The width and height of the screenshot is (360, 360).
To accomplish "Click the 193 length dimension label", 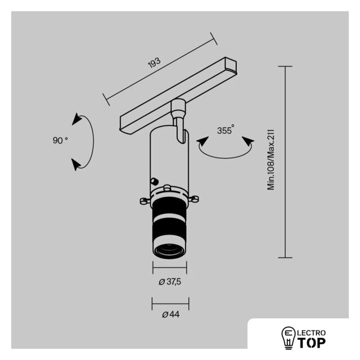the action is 154,63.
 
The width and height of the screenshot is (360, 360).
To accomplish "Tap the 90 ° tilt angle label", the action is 60,140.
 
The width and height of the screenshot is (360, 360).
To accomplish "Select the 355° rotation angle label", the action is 226,129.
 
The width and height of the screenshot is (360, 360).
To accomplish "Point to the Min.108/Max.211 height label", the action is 271,160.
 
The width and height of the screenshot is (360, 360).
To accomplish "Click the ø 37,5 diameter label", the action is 170,281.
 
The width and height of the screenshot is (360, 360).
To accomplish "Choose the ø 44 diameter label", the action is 171,314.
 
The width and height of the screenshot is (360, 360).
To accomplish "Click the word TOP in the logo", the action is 312,343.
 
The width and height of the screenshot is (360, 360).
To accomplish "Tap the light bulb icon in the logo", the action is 289,338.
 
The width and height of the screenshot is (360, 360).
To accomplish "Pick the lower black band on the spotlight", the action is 169,229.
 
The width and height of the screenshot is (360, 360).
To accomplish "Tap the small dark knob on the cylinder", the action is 154,182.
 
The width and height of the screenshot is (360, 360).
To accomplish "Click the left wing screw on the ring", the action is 145,201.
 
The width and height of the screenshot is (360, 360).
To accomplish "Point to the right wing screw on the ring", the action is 193,198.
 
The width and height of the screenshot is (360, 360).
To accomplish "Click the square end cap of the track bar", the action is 231,64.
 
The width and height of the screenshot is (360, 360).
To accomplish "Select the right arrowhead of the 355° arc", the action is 248,141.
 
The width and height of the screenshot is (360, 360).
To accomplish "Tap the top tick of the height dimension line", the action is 285,66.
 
